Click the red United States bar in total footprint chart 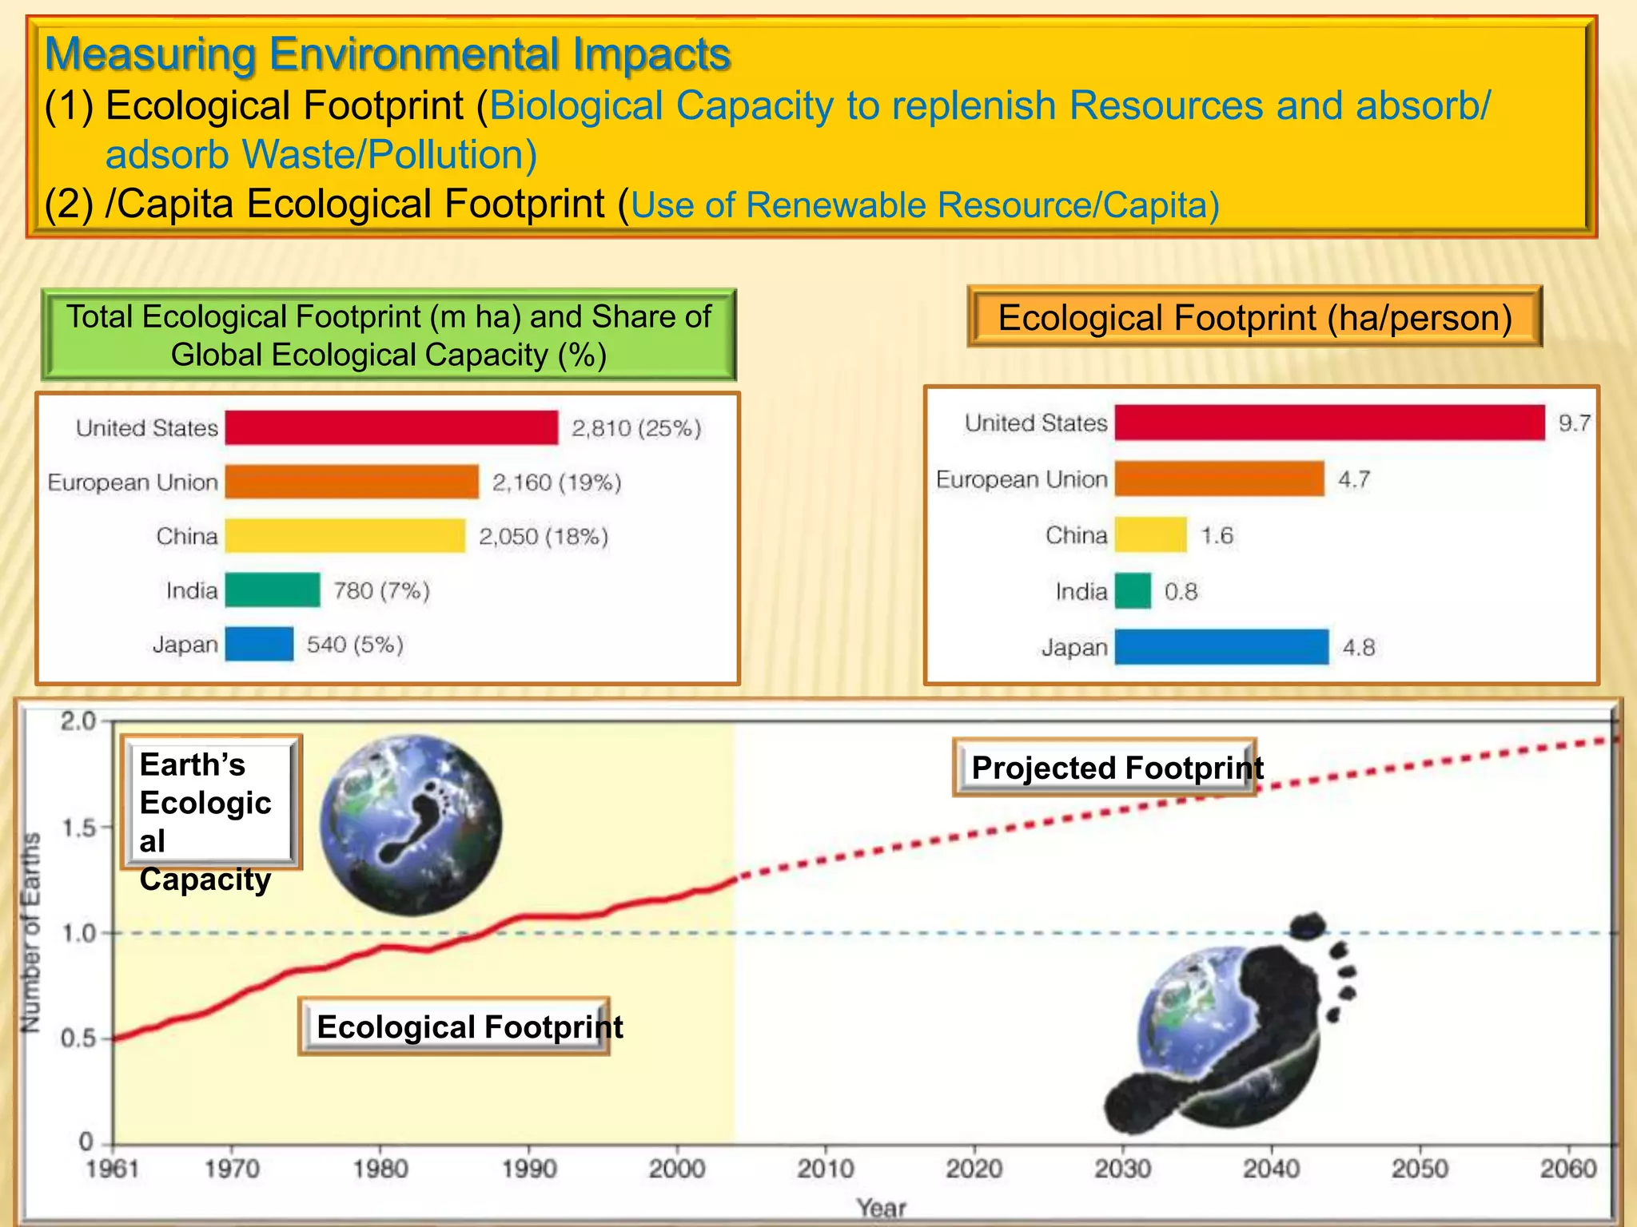pos(392,427)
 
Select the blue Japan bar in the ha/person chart pos(1221,647)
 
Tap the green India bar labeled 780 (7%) pos(273,590)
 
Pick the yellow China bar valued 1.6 pos(1150,534)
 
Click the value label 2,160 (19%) pos(556,482)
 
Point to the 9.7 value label pos(1574,423)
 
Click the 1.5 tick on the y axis pos(78,828)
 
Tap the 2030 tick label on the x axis pos(1122,1169)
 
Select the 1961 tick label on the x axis pos(112,1169)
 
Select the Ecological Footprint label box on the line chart pos(454,1026)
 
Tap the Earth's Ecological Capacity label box pos(211,803)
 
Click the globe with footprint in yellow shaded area pos(411,824)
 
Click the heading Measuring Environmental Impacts pos(388,54)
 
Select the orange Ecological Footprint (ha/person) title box pos(1254,317)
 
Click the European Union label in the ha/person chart pos(1021,479)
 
